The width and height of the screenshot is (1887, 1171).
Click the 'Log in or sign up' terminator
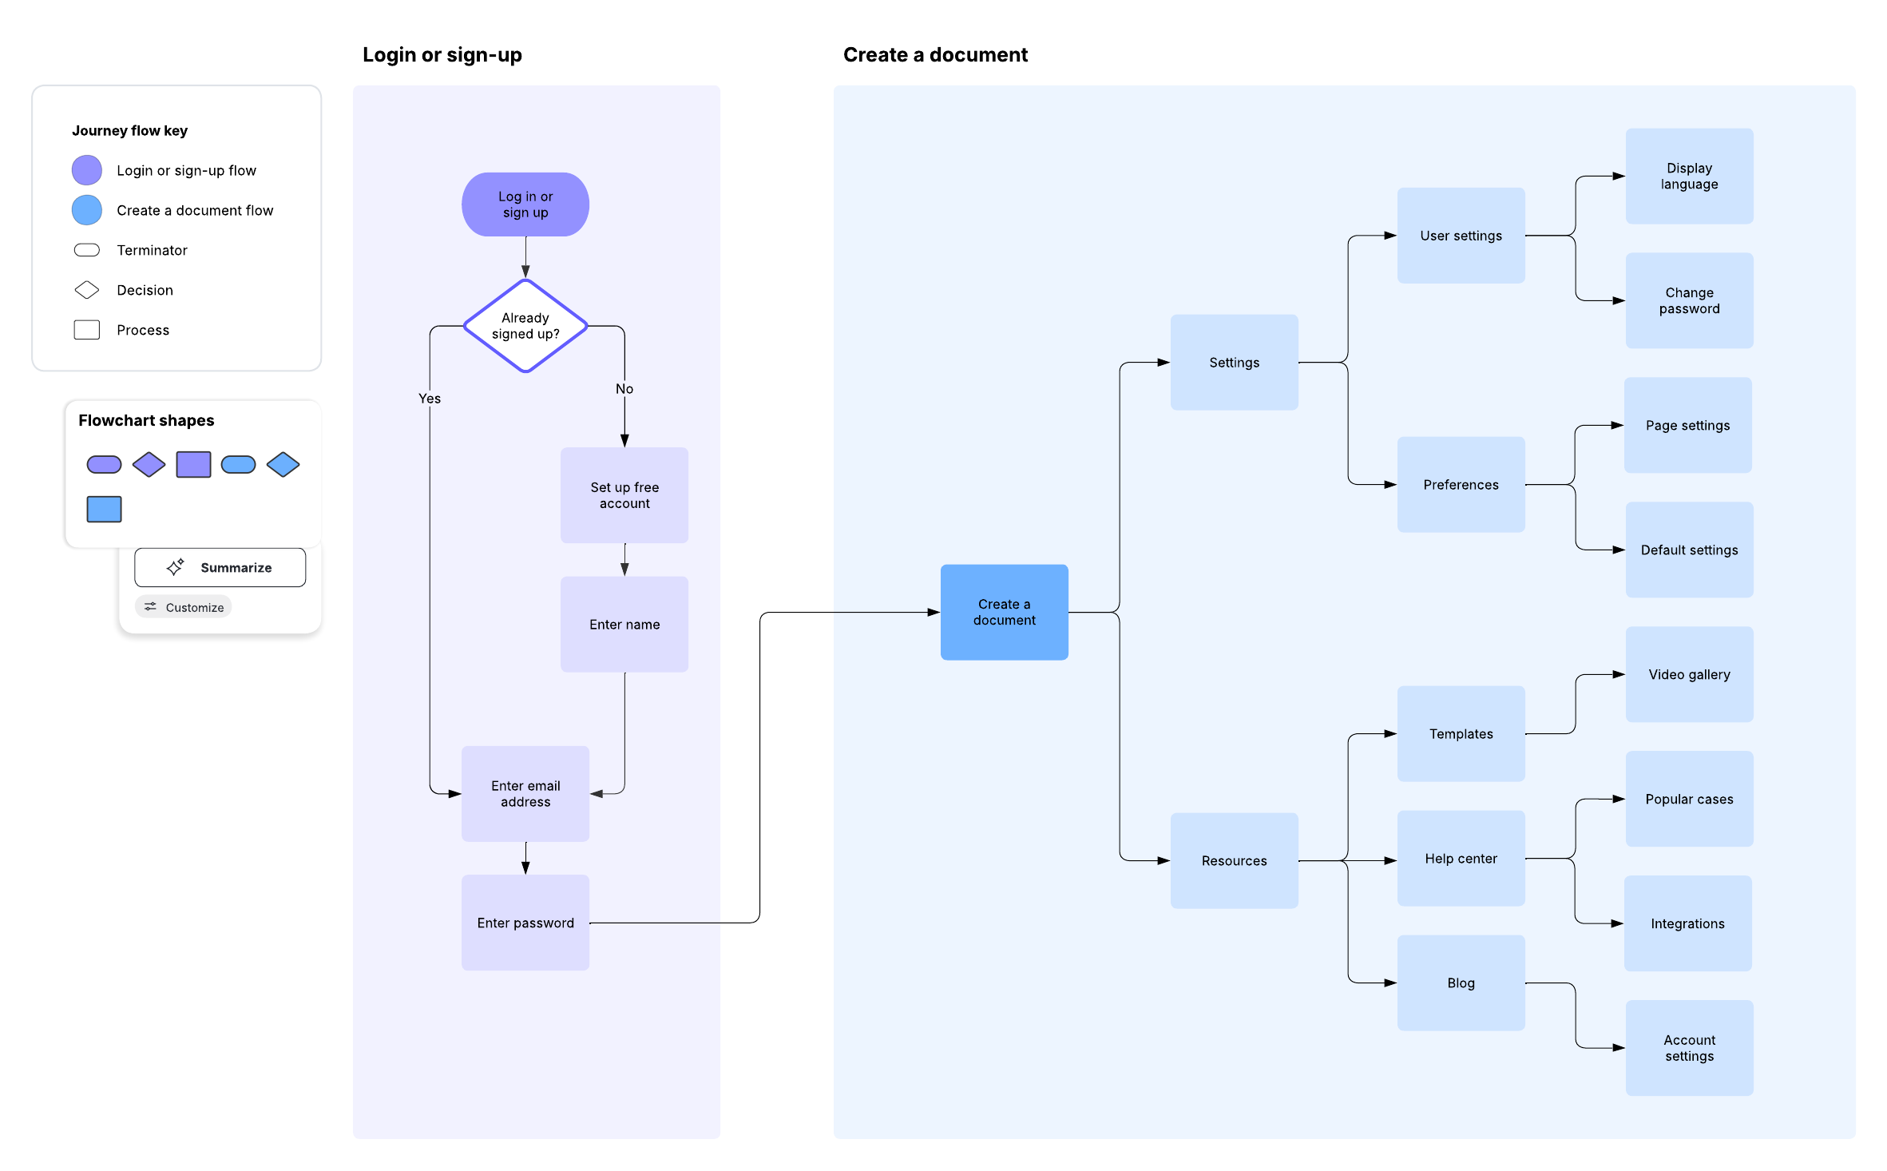(525, 204)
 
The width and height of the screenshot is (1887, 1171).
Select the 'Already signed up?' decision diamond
(525, 326)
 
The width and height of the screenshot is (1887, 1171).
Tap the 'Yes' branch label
(430, 399)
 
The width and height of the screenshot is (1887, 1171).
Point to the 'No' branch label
(624, 389)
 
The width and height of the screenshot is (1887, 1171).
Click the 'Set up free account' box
(624, 495)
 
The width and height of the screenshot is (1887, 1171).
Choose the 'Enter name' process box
(624, 625)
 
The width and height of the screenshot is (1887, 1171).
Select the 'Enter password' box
(525, 923)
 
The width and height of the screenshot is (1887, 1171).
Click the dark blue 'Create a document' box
(1004, 613)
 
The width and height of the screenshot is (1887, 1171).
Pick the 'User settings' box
(1461, 236)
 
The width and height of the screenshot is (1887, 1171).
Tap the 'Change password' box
(1689, 301)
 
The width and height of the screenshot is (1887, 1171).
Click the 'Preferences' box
(1461, 485)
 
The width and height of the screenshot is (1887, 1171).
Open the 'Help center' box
(1461, 859)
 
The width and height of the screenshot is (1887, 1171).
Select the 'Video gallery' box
(1689, 675)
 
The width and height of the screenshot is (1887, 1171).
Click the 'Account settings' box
(1689, 1048)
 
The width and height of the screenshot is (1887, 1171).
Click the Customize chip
(184, 607)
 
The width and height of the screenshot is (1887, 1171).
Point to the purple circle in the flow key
(87, 170)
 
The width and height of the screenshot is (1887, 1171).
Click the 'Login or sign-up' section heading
(442, 55)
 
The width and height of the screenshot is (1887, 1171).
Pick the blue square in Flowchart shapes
(104, 510)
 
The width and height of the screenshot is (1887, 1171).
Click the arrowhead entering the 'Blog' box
(1390, 983)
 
